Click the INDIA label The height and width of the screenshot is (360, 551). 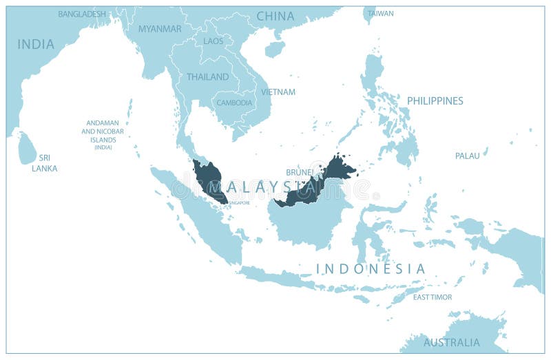[x=36, y=44]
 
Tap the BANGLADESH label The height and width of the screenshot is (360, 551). [x=82, y=14]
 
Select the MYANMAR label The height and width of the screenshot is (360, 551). [x=160, y=29]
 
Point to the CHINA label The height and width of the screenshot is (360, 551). [x=275, y=16]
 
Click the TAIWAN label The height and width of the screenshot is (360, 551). [x=381, y=14]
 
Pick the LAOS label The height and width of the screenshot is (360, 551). [x=213, y=41]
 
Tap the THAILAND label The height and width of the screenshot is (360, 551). [x=208, y=77]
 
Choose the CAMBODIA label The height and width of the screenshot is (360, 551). [x=235, y=103]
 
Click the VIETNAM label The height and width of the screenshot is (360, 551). [x=278, y=92]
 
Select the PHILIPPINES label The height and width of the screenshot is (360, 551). [x=435, y=100]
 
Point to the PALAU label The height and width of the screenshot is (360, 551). [x=467, y=156]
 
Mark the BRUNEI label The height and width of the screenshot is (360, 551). [x=300, y=172]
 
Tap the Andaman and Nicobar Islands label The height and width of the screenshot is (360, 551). [x=103, y=134]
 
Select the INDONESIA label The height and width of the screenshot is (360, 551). [x=371, y=268]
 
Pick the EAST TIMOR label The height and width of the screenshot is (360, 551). [x=433, y=297]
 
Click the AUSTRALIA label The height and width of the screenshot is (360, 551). [x=452, y=342]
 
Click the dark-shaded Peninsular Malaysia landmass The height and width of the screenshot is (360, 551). [x=208, y=179]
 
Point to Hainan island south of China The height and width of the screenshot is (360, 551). [x=275, y=48]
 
